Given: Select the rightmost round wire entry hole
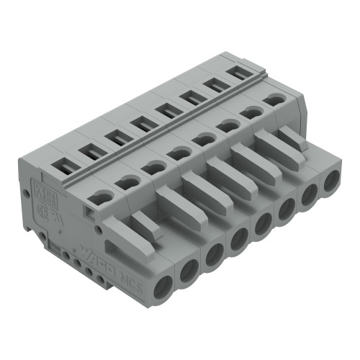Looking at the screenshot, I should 331,181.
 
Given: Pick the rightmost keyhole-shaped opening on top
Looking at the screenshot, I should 273,99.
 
